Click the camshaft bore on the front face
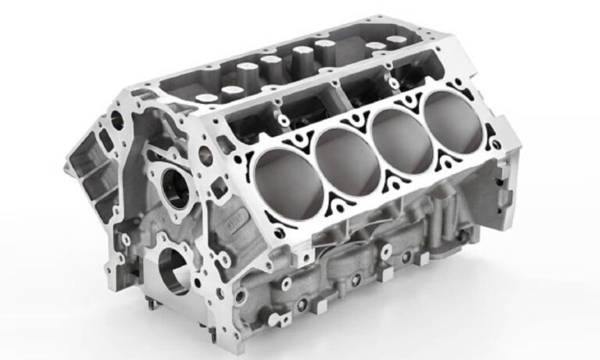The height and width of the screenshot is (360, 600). pos(175,188)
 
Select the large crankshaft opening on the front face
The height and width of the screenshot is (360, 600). pos(173,269)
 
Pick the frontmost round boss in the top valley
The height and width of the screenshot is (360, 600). pos(208,98)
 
